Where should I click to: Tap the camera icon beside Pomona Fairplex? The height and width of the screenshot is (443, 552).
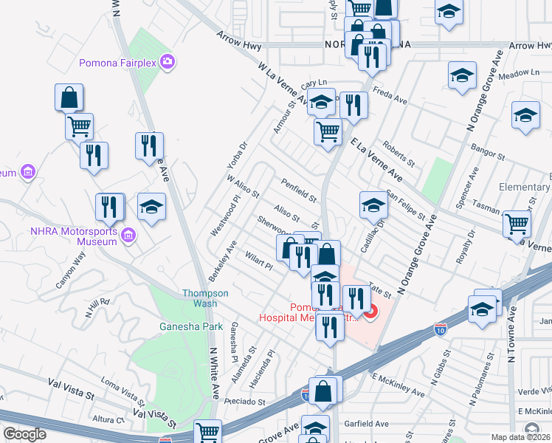[x=169, y=60]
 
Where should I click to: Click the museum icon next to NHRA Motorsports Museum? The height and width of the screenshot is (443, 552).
[x=128, y=236]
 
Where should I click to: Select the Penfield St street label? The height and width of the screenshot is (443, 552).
[x=298, y=190]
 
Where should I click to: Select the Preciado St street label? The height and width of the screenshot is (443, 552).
[x=245, y=401]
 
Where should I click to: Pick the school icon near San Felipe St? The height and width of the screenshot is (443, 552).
[x=373, y=205]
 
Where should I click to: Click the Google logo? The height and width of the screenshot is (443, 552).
[x=24, y=434]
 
